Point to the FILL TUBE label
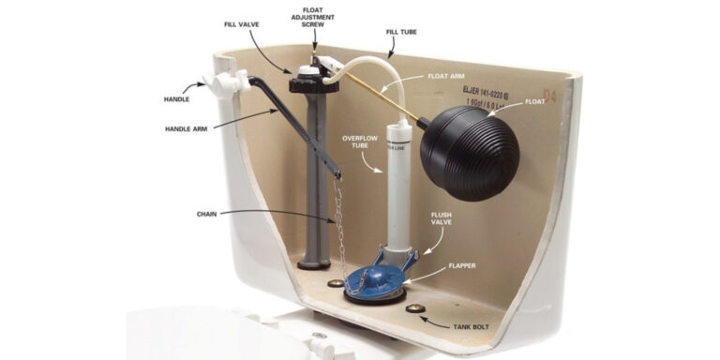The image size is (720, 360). [x=402, y=32]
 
